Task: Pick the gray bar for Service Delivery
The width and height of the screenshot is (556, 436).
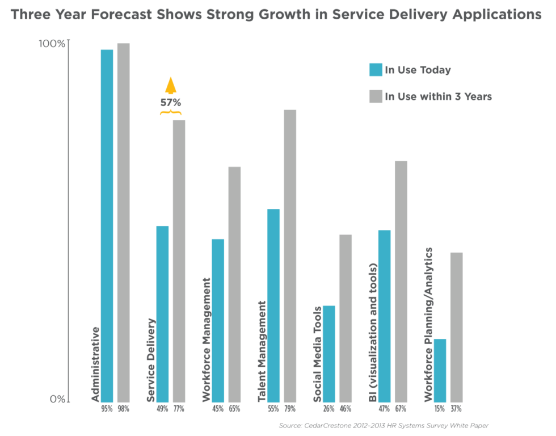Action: pos(179,261)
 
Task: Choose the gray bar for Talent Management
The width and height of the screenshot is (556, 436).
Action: pos(290,255)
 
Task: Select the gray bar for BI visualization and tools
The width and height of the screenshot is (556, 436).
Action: pos(401,282)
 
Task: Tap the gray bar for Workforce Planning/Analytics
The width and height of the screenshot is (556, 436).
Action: pos(457,327)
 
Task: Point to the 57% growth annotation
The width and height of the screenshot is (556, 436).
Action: pos(170,103)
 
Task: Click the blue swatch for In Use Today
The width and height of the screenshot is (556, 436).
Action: pos(376,70)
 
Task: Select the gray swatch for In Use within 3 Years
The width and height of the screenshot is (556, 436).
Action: pos(376,97)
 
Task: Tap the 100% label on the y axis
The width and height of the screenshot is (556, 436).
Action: pos(52,44)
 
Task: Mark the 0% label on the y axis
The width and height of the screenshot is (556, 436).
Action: pos(57,399)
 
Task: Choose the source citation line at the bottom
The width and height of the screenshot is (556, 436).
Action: pos(384,425)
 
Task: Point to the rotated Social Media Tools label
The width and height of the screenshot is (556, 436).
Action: pos(318,354)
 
